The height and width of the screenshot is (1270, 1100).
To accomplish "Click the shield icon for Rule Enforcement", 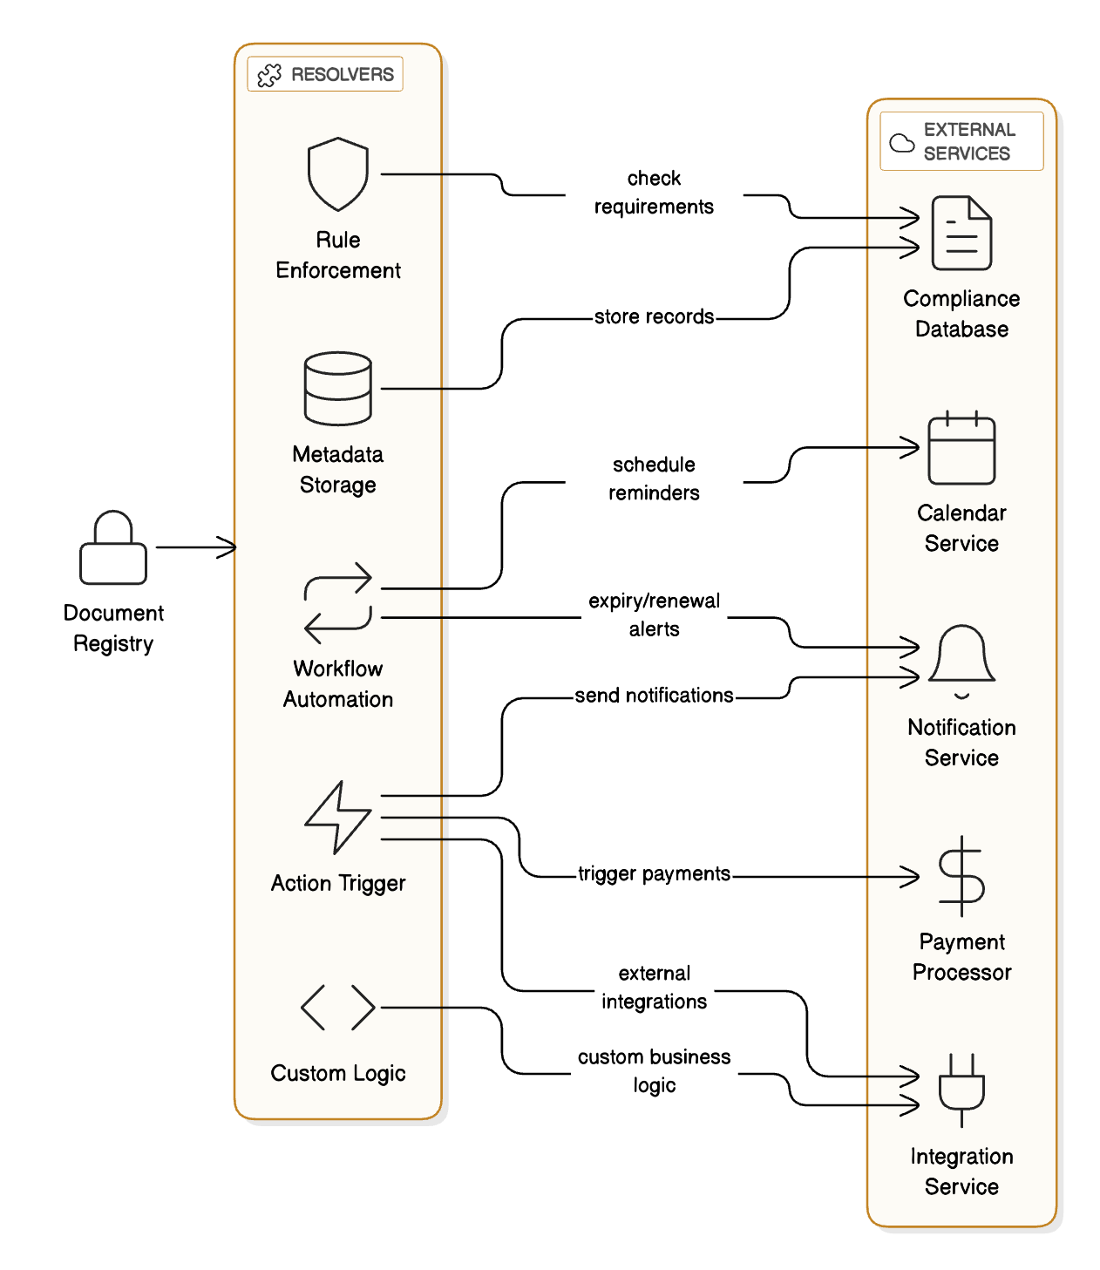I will (x=338, y=174).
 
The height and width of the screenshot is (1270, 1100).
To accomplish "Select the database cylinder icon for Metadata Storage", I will (x=338, y=389).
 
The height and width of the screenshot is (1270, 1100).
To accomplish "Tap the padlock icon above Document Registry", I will (x=113, y=548).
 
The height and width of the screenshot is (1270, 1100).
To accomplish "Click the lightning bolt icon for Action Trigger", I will (x=338, y=818).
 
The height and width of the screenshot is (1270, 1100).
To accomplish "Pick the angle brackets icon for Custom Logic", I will (x=338, y=1008).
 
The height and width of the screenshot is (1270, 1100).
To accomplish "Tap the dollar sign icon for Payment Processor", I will (x=961, y=876).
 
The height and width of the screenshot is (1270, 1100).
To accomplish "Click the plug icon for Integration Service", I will (x=961, y=1090).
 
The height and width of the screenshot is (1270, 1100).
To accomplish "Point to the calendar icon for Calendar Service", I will (x=961, y=448).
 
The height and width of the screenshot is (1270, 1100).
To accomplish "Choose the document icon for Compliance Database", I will (x=961, y=233).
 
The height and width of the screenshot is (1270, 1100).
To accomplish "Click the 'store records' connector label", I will (x=654, y=317).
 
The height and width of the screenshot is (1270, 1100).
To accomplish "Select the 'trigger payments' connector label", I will (x=654, y=874).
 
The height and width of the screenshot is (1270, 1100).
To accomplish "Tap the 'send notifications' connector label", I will (x=654, y=696).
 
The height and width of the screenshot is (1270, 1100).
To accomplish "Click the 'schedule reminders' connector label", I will (x=654, y=479).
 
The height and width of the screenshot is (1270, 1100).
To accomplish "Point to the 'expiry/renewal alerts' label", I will (x=654, y=615).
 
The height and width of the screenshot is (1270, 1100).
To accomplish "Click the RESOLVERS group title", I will (x=342, y=75).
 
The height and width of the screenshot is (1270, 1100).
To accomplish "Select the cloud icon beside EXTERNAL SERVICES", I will (x=902, y=142).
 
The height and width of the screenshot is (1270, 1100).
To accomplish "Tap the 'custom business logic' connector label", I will (x=654, y=1070).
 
